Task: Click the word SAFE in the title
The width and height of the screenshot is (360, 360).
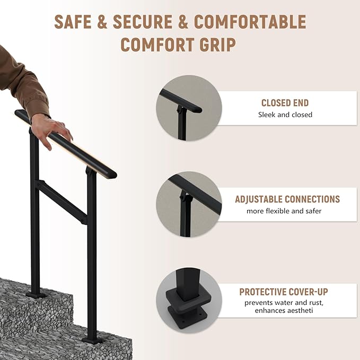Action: pos(76,22)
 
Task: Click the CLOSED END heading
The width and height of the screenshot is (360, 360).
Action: pos(285,103)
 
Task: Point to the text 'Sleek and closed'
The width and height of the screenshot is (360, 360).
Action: pos(285,115)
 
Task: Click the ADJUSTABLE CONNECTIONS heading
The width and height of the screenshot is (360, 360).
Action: pos(287,199)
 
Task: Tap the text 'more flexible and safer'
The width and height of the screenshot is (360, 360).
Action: pos(284,211)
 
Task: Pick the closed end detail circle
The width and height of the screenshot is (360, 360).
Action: pos(188,108)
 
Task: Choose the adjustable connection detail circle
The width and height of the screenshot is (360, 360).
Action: pos(189,204)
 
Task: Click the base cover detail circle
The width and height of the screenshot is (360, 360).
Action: pos(189,300)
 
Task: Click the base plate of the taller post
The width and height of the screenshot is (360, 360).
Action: pos(36,294)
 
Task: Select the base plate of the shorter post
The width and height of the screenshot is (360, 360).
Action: pos(92,340)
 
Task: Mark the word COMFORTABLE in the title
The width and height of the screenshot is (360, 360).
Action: pos(250,22)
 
